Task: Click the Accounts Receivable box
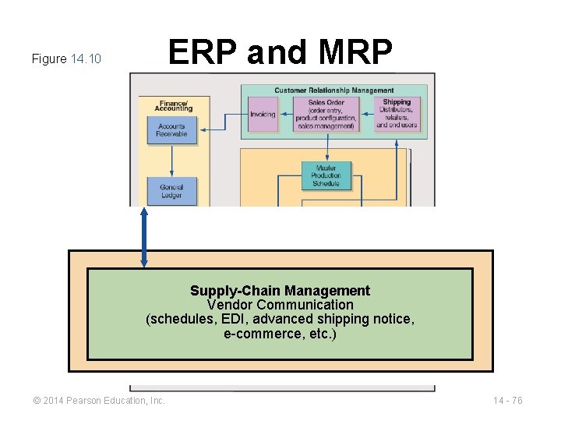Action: pyautogui.click(x=171, y=130)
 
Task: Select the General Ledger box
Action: pyautogui.click(x=171, y=191)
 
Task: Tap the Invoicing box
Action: pyautogui.click(x=263, y=115)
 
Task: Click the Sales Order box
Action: pyautogui.click(x=326, y=115)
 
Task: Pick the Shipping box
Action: pyautogui.click(x=397, y=114)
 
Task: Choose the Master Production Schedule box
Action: pyautogui.click(x=326, y=175)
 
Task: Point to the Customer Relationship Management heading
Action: pyautogui.click(x=334, y=90)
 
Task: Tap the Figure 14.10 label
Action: pyautogui.click(x=66, y=59)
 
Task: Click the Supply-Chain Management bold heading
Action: pyautogui.click(x=280, y=291)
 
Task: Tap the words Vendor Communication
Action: pyautogui.click(x=280, y=305)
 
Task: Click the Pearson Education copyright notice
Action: pyautogui.click(x=99, y=401)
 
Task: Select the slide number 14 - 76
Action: pyautogui.click(x=508, y=401)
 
